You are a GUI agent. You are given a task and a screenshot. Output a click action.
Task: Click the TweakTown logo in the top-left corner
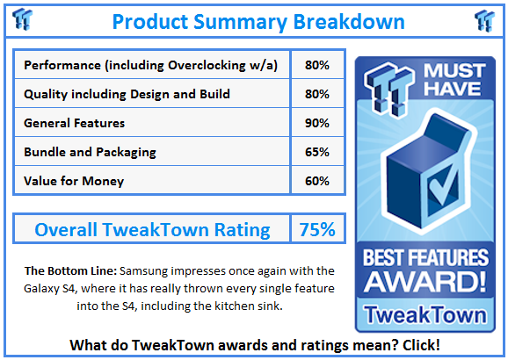point(22,19)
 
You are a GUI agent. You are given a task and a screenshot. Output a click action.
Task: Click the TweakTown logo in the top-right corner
point(484,20)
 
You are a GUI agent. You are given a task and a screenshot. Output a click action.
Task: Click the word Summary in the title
point(241,22)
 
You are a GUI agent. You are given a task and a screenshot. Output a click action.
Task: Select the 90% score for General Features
point(317,123)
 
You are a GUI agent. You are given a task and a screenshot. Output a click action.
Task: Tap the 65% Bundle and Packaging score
point(317,152)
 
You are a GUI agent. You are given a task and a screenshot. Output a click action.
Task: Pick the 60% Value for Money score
point(317,181)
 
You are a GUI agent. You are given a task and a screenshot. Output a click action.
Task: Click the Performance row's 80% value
point(317,65)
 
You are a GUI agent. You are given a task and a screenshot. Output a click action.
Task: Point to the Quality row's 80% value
point(317,94)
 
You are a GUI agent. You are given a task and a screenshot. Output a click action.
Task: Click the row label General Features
point(74,123)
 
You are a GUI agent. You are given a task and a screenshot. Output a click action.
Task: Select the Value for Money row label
point(74,181)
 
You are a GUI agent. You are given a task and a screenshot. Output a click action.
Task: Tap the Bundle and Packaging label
point(90,153)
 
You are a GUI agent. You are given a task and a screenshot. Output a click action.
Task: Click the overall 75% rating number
point(317,229)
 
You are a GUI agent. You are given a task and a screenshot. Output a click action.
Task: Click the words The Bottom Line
point(70,270)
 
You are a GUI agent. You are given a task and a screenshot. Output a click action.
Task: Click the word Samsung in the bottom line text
point(143,271)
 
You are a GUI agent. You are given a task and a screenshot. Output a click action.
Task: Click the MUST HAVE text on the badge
point(454,80)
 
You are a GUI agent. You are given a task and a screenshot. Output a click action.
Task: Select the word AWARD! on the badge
point(425,281)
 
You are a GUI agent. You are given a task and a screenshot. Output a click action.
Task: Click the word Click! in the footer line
point(421,345)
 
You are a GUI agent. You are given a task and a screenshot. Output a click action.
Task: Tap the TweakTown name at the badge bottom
point(425,314)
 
